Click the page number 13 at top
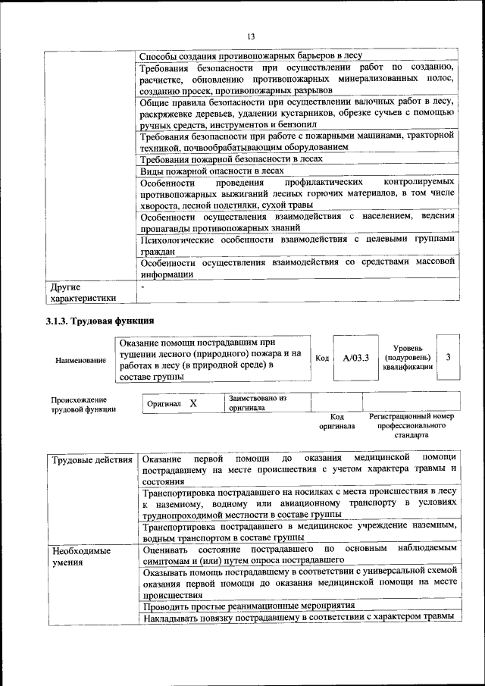click(251, 37)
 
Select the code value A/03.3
click(355, 358)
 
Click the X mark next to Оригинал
click(193, 403)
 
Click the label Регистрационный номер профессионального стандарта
click(411, 426)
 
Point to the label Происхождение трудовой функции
click(83, 404)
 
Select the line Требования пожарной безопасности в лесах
click(232, 159)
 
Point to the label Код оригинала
click(338, 421)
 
